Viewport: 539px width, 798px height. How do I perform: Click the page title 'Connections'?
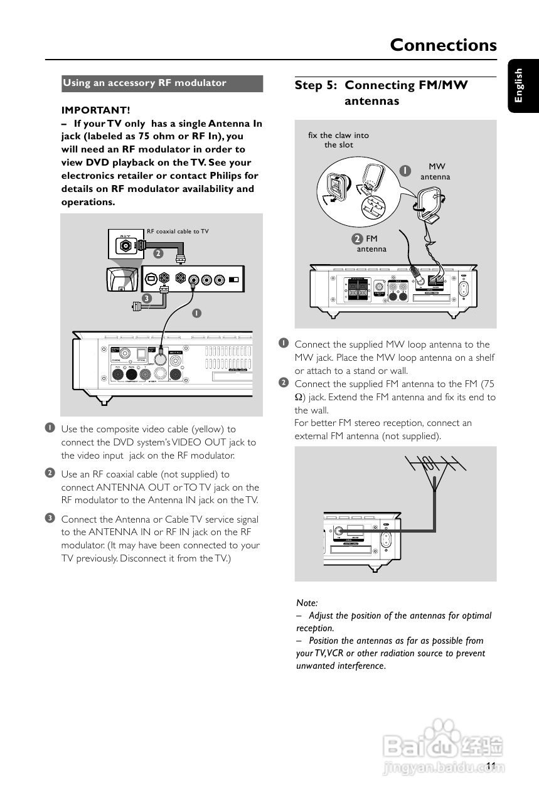443,45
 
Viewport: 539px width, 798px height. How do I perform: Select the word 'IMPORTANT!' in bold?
95,110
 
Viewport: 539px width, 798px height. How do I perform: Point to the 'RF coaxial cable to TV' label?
178,231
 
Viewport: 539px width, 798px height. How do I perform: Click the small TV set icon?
121,279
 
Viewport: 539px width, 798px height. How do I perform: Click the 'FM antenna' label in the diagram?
371,244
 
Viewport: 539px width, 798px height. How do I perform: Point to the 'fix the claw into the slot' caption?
339,140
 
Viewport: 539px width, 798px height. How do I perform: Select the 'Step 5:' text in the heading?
317,85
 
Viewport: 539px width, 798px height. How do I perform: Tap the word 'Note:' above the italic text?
307,603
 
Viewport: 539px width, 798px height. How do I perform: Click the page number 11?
491,765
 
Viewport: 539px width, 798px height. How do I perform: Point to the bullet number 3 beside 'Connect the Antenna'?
49,518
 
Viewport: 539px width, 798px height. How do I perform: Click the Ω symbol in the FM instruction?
299,397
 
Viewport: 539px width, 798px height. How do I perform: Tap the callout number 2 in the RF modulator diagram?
158,253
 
